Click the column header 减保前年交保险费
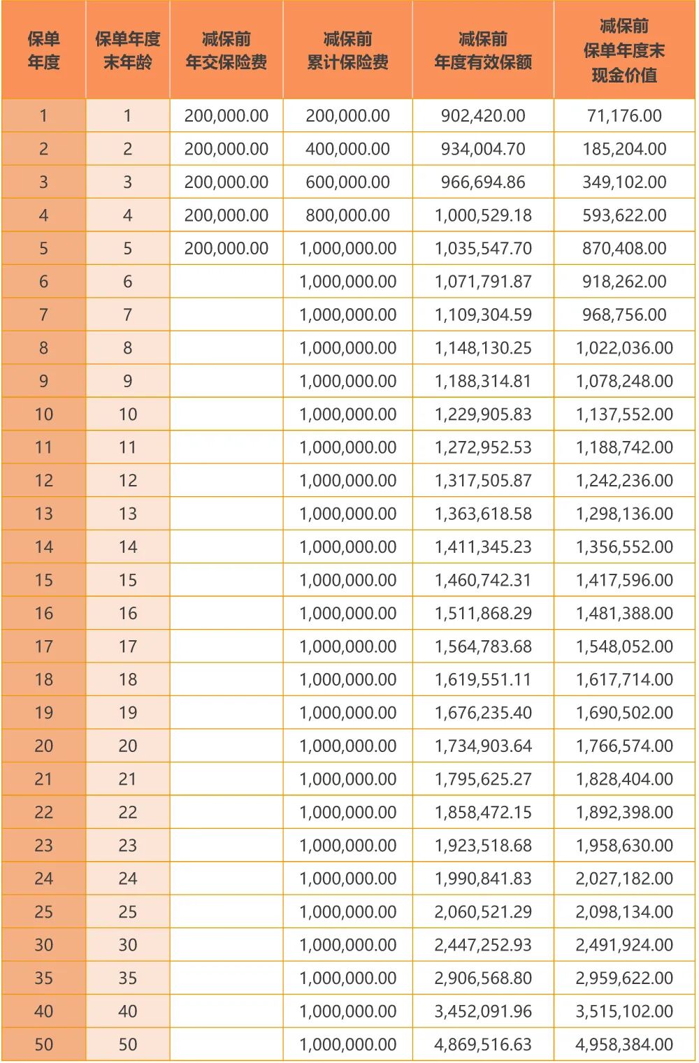(x=226, y=50)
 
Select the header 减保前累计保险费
(x=347, y=50)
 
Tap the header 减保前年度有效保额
(x=483, y=50)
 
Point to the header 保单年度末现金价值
(x=624, y=50)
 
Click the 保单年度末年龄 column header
(x=127, y=50)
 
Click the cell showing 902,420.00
(x=483, y=116)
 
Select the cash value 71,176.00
(x=624, y=116)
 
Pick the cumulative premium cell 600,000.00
(x=347, y=182)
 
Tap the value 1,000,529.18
(x=483, y=215)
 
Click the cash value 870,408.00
(x=624, y=249)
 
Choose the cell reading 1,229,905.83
(x=483, y=414)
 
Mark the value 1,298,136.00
(x=624, y=514)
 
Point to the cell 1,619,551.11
(x=483, y=679)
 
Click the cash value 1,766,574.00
(x=624, y=746)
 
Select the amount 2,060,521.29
(x=483, y=912)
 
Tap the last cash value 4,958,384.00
(x=624, y=1045)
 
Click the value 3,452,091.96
(x=483, y=1011)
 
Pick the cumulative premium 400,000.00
(x=347, y=149)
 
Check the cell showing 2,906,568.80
(x=483, y=978)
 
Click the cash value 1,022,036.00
(x=624, y=348)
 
